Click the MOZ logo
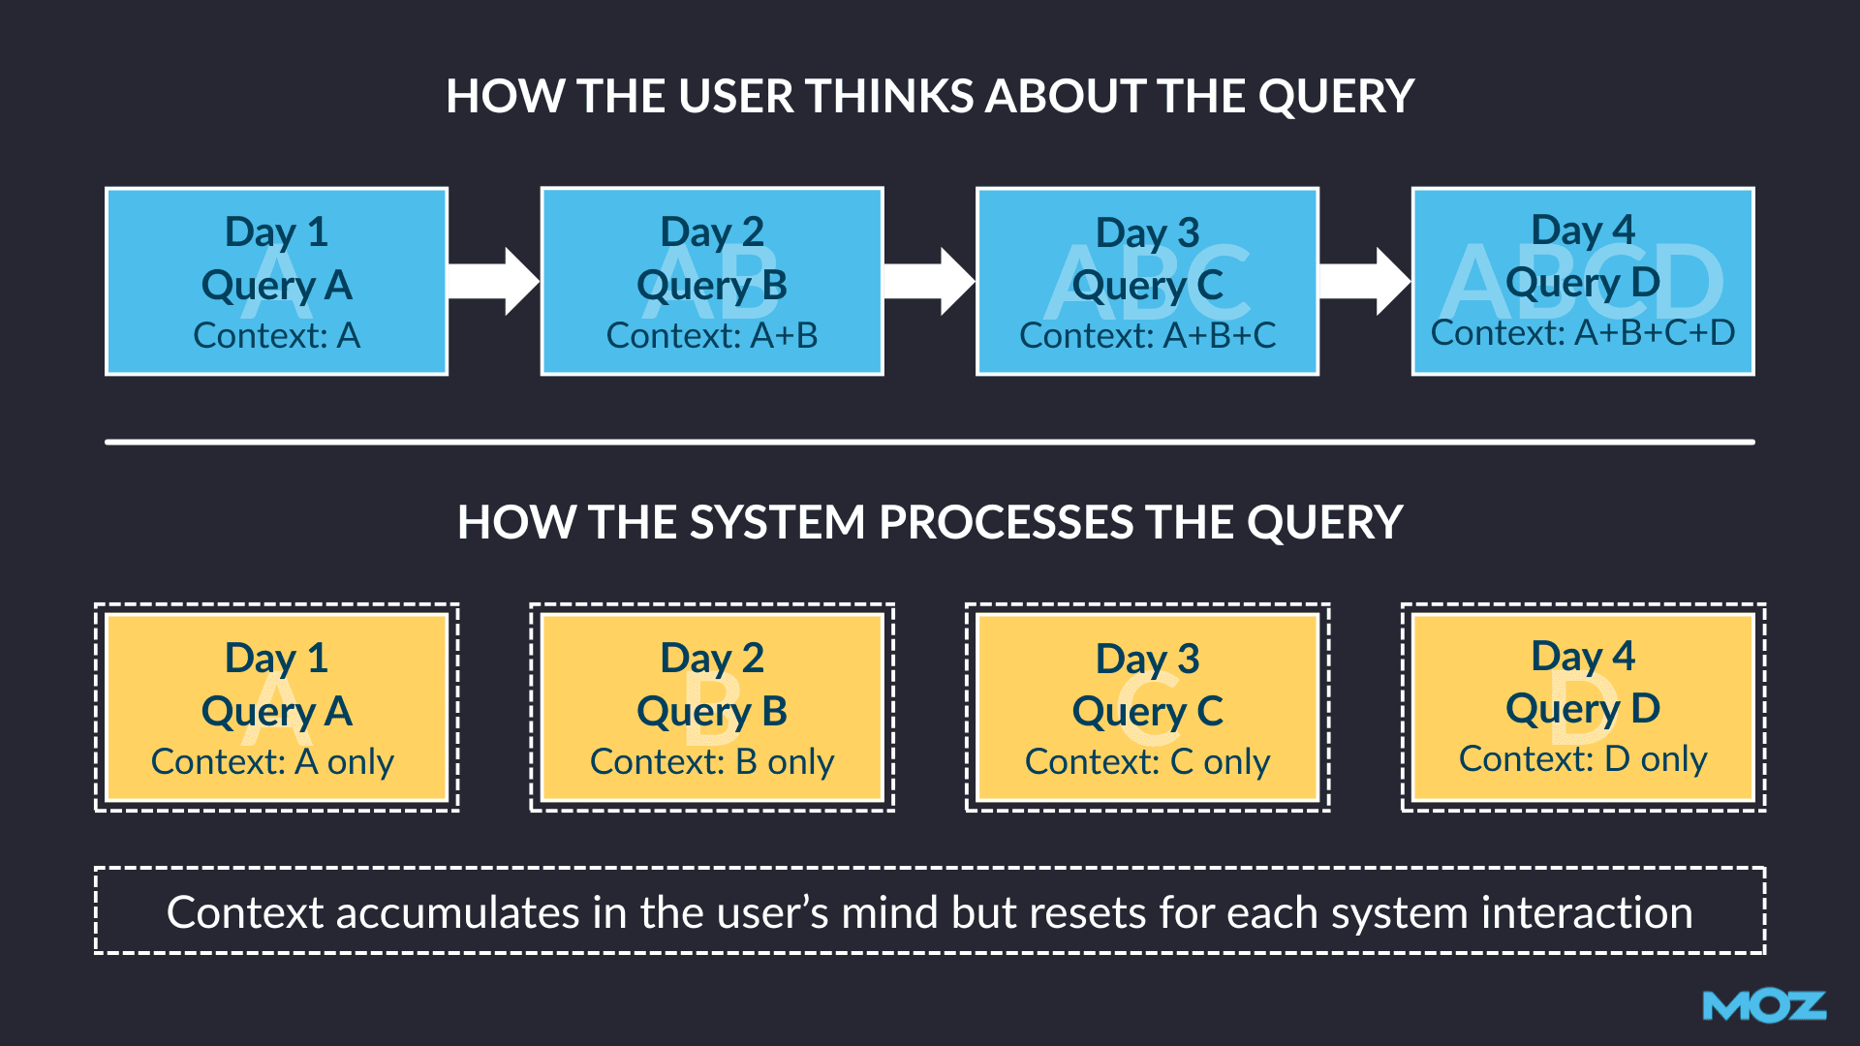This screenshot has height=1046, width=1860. (1764, 1006)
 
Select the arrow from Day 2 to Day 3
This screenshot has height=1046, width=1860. (929, 281)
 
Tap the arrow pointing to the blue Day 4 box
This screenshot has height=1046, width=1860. (1365, 281)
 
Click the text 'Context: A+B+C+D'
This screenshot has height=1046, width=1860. (1583, 333)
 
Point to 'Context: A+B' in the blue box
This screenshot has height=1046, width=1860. (712, 335)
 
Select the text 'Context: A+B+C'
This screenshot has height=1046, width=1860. (1148, 335)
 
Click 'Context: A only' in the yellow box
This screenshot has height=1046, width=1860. (272, 761)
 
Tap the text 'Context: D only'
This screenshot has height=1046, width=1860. (1583, 758)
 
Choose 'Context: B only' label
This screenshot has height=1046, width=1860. (712, 761)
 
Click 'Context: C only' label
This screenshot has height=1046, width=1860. (1148, 761)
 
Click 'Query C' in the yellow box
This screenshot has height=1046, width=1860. (1148, 712)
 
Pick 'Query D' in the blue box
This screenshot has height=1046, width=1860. (1583, 283)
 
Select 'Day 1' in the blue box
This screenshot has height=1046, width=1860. (276, 232)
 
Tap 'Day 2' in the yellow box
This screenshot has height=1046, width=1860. (712, 659)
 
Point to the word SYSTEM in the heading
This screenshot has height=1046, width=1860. (777, 523)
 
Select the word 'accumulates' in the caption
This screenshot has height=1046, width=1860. (458, 913)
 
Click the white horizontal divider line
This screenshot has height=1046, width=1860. (930, 442)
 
